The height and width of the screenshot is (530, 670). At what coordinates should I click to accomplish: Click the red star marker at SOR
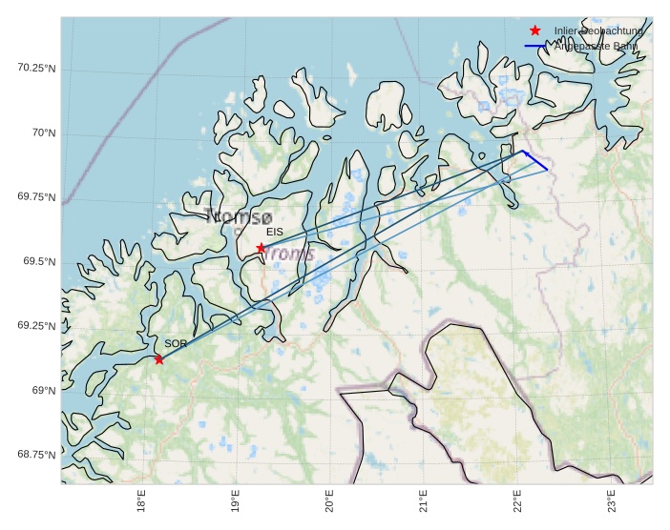tap(158, 359)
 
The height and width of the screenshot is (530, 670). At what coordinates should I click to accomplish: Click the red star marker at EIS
tap(261, 248)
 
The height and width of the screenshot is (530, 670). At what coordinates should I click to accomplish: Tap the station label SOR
tap(176, 343)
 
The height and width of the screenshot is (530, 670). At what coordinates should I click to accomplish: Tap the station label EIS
tap(275, 232)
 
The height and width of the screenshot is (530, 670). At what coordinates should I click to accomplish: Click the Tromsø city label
tap(239, 216)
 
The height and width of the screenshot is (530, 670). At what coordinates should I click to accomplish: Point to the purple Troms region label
tap(289, 254)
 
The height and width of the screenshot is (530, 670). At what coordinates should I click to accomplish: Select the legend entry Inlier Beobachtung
tap(598, 31)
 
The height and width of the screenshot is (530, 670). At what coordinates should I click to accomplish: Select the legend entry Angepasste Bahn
tap(597, 46)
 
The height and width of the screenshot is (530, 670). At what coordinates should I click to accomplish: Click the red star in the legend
tap(535, 31)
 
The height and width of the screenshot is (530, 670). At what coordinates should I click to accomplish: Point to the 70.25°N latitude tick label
tap(36, 68)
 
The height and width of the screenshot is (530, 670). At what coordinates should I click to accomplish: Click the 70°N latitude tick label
tap(44, 132)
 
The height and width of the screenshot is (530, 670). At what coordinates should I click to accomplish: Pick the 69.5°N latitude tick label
tap(40, 261)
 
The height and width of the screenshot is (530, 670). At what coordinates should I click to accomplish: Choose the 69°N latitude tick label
tap(44, 390)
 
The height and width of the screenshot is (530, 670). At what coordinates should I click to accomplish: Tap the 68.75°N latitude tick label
tap(36, 454)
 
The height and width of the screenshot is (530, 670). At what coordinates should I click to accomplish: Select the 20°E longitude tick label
tap(329, 502)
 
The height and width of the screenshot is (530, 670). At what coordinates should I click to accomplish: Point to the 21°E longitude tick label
tap(423, 502)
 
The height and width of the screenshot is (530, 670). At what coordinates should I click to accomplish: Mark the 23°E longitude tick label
tap(611, 502)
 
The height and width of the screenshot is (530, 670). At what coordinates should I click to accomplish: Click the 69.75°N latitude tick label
tap(36, 196)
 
